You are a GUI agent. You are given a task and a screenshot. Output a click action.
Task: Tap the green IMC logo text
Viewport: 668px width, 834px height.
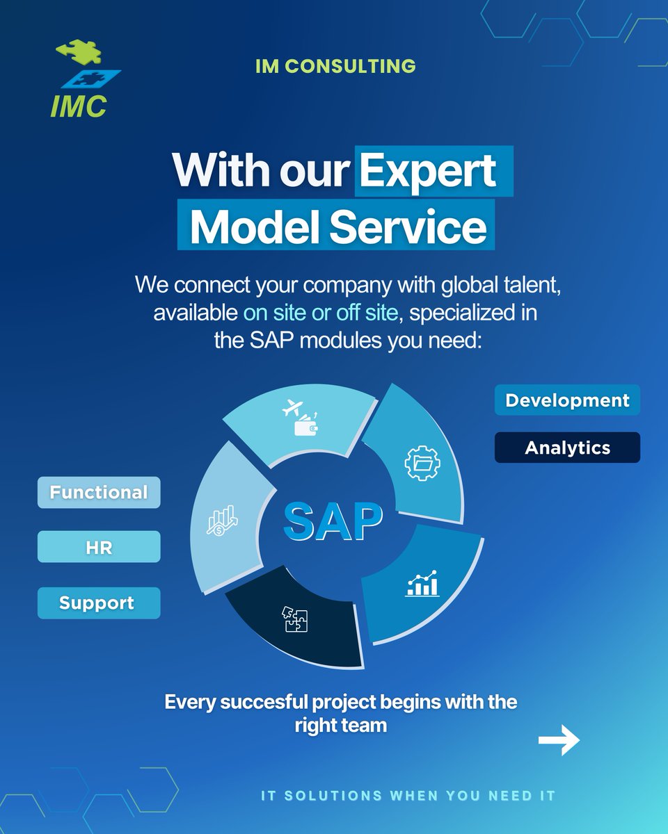click(x=78, y=106)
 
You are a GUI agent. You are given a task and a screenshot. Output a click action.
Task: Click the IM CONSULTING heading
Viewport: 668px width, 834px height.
click(x=335, y=66)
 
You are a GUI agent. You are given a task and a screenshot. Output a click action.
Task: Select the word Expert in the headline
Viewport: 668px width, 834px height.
click(x=428, y=170)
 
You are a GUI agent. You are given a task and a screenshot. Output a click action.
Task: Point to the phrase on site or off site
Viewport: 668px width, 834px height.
click(x=321, y=313)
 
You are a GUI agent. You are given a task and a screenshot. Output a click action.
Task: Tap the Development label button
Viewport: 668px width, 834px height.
click(x=567, y=400)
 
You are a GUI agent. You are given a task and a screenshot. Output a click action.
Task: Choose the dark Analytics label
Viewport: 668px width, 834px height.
click(x=567, y=448)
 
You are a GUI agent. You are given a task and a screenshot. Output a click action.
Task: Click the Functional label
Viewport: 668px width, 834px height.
click(x=99, y=492)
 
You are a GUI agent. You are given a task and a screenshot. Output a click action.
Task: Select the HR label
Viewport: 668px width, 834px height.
click(x=99, y=548)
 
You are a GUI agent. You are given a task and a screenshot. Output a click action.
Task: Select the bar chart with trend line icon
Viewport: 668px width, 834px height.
click(x=422, y=584)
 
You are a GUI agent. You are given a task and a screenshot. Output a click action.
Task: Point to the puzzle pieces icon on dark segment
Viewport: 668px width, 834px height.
click(x=294, y=618)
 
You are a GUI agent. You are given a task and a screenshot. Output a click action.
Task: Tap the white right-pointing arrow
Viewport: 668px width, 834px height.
click(x=559, y=741)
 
